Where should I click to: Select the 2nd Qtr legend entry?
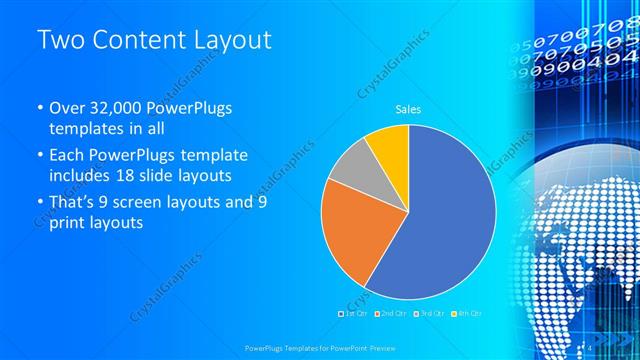tap(391, 314)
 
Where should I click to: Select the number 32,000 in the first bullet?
tap(115, 109)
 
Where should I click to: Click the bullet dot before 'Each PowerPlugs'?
tap(39, 156)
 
